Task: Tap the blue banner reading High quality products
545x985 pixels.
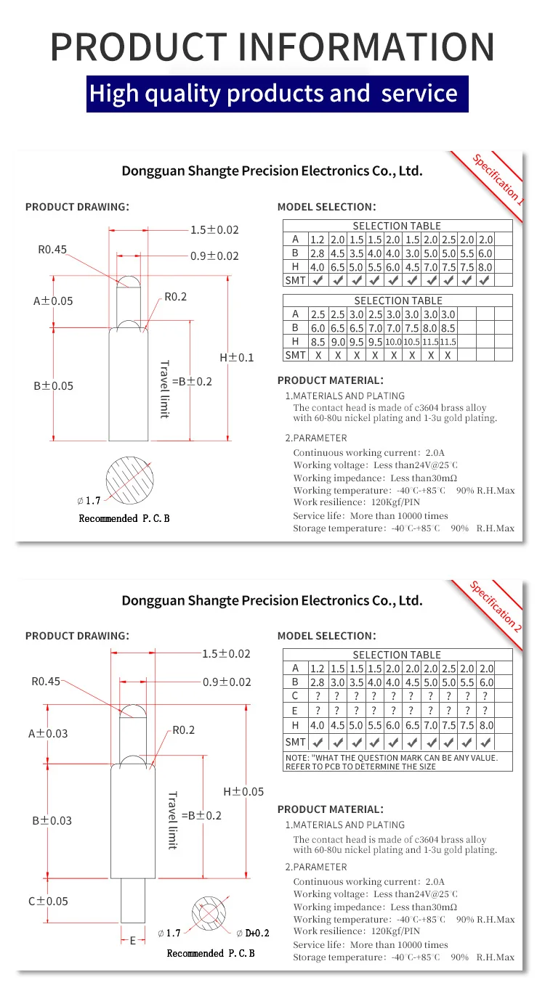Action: click(x=272, y=93)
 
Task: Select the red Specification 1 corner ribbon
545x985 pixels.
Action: click(x=497, y=178)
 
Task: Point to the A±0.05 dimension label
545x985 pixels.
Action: click(x=53, y=301)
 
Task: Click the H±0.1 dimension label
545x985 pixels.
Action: click(x=237, y=357)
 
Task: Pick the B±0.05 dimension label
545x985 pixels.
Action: click(x=53, y=385)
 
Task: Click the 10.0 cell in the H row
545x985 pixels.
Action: click(x=393, y=342)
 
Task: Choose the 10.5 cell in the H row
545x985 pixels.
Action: click(x=412, y=342)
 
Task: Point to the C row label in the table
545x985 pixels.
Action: click(x=295, y=696)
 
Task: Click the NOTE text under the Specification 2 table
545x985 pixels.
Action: click(x=397, y=761)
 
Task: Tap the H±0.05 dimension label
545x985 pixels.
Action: click(x=243, y=791)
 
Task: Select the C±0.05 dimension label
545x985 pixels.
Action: click(x=48, y=901)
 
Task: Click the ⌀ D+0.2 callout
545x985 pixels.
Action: click(x=253, y=933)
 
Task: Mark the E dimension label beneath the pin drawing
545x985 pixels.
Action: click(x=132, y=940)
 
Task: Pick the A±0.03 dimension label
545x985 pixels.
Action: click(x=48, y=733)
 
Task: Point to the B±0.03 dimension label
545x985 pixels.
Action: click(x=52, y=820)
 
